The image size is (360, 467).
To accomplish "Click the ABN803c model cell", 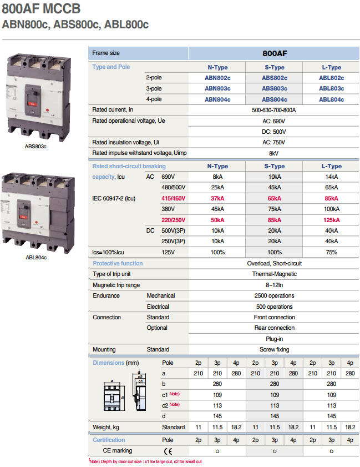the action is click(x=217, y=88).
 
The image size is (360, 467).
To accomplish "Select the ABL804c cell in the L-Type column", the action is click(x=332, y=99).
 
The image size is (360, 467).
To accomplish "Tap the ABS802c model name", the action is click(x=275, y=78).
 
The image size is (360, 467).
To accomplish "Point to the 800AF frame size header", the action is click(x=275, y=53).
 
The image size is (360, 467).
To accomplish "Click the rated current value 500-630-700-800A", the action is click(x=273, y=110).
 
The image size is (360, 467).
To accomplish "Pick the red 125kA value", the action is click(x=332, y=220).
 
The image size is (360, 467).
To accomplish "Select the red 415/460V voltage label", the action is click(x=174, y=198).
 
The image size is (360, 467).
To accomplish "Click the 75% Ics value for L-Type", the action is click(x=332, y=252).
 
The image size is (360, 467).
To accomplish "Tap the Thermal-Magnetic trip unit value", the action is click(x=275, y=274).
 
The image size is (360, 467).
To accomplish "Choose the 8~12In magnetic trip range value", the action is click(x=275, y=285).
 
